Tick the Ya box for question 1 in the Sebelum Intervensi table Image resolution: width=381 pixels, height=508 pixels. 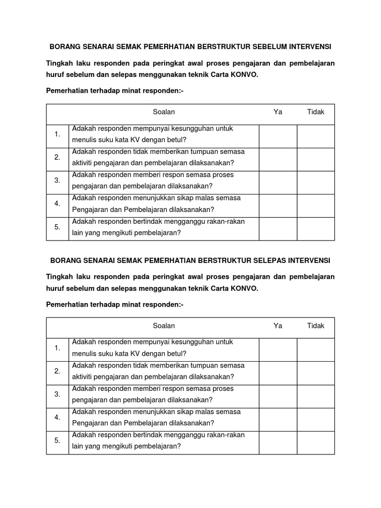click(x=278, y=136)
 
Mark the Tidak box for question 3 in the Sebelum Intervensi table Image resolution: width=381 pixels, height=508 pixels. click(x=316, y=183)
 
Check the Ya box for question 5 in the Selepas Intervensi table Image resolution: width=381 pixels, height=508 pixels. click(x=278, y=443)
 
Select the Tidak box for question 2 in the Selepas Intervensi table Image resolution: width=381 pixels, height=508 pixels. click(x=316, y=373)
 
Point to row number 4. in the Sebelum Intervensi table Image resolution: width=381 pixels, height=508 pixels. click(x=58, y=203)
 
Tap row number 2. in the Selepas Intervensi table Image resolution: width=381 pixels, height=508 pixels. click(x=58, y=371)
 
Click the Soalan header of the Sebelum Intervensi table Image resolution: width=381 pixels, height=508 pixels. click(x=164, y=112)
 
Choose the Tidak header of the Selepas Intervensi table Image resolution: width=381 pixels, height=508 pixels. click(x=316, y=326)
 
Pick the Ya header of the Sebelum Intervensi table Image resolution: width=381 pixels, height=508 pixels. click(x=278, y=112)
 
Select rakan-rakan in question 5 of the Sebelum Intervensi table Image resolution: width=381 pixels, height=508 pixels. click(x=226, y=221)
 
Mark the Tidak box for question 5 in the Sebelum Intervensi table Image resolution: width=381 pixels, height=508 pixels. click(x=316, y=229)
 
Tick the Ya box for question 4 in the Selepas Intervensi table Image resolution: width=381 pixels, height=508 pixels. click(x=278, y=419)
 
